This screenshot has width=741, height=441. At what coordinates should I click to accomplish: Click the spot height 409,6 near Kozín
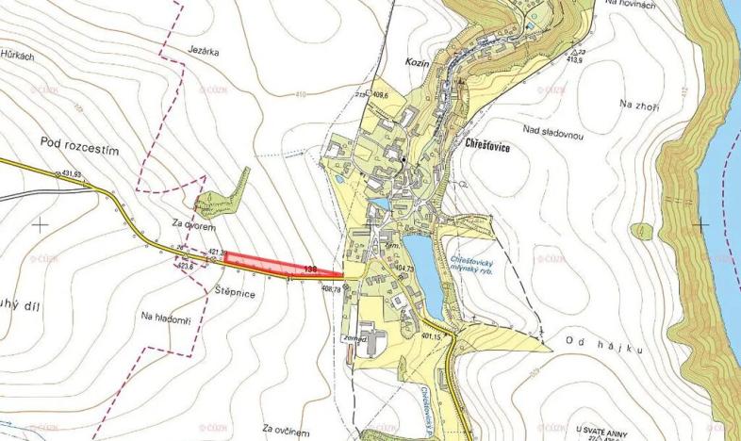coord(381,94)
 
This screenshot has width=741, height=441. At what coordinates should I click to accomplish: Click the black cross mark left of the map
coord(40,224)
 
